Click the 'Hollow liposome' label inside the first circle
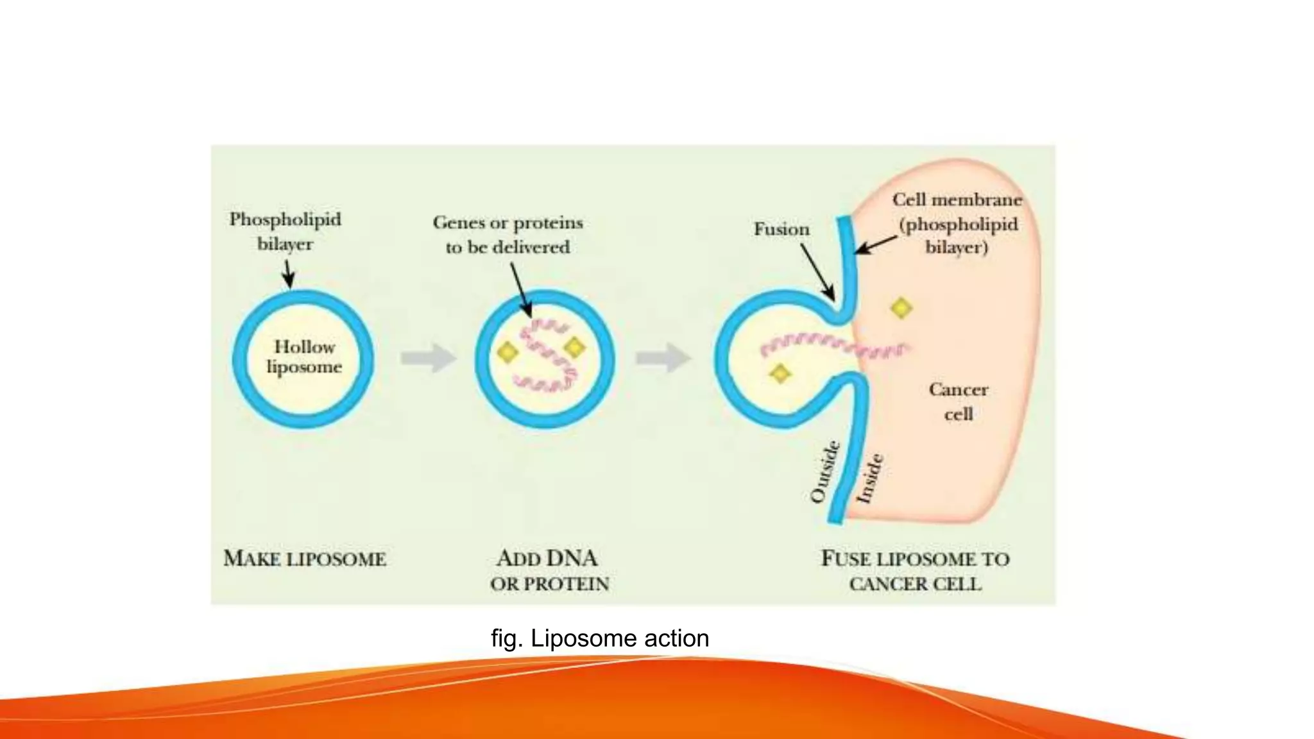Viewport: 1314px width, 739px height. [304, 357]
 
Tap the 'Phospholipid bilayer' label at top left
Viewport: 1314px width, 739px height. [286, 232]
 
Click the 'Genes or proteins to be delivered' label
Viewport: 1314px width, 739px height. [508, 235]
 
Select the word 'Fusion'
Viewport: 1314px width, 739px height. [781, 229]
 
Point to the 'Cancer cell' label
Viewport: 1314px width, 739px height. [958, 402]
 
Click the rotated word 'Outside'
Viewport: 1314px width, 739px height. [825, 471]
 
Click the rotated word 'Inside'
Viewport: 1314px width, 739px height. [871, 479]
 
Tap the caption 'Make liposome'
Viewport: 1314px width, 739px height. [305, 559]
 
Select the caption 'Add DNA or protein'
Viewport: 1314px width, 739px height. [549, 570]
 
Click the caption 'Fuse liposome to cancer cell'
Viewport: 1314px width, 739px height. [915, 571]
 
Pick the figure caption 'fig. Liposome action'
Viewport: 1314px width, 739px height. [600, 638]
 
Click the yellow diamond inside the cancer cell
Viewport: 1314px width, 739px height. [901, 309]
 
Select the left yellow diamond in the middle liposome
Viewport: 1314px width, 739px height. [508, 352]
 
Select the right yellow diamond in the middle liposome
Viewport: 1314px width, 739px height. [574, 347]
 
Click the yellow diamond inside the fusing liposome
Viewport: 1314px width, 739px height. [780, 373]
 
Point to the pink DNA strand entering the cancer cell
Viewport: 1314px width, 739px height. [834, 346]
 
